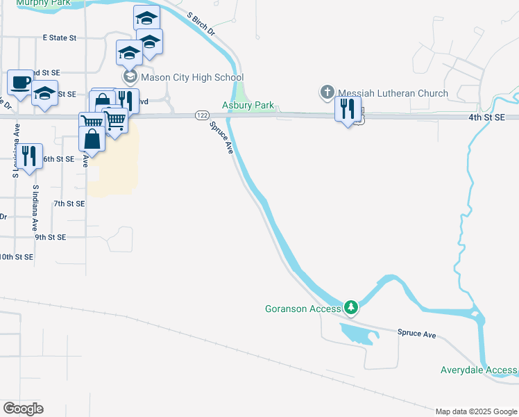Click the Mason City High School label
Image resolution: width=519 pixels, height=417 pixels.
click(192, 77)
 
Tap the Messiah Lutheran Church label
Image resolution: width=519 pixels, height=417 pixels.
click(393, 93)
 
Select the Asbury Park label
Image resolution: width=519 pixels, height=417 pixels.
click(248, 106)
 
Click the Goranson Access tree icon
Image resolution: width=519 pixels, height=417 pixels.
click(352, 307)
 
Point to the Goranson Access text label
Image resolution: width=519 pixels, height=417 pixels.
click(303, 308)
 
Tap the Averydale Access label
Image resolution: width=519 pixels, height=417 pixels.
click(479, 370)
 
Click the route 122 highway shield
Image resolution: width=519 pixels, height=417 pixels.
click(202, 115)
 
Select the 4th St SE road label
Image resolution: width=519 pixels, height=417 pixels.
click(492, 118)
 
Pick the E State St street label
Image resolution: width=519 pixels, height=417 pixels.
click(59, 38)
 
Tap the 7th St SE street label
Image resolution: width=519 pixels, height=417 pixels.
click(69, 204)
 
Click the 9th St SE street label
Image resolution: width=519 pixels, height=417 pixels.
click(51, 237)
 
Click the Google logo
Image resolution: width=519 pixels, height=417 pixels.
click(23, 409)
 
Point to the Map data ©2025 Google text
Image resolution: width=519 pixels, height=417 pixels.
click(476, 411)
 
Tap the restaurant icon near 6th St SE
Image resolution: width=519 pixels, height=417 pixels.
click(28, 156)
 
